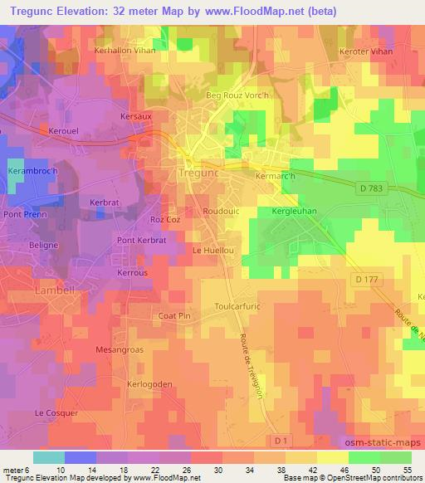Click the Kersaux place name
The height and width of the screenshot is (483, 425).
tap(136, 117)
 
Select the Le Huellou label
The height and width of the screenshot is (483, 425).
tap(210, 249)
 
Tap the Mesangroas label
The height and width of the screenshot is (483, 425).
tap(120, 349)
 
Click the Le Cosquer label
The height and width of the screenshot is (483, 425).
tap(56, 412)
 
